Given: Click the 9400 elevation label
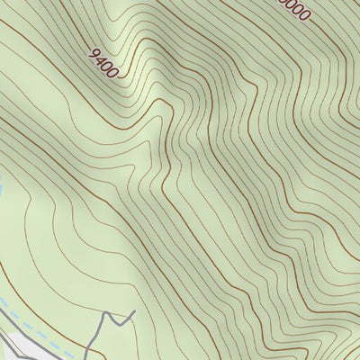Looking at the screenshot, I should (104, 62).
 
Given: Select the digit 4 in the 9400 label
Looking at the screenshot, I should (101, 59).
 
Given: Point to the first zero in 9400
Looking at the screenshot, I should (107, 65).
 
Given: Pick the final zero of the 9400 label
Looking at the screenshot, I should (113, 71).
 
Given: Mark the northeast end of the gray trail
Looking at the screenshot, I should (133, 312).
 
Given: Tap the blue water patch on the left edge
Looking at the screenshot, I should (2, 190).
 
